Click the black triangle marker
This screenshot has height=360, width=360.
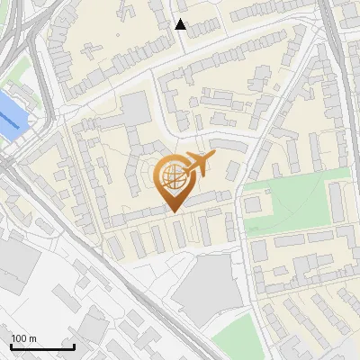[x=181, y=24]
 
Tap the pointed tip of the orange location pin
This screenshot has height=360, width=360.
[x=173, y=211]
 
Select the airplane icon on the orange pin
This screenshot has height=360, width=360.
[x=199, y=164]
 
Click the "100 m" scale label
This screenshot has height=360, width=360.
[x=23, y=338]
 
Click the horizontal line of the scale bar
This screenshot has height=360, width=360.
[x=42, y=346]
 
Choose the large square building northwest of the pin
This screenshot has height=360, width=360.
[x=137, y=110]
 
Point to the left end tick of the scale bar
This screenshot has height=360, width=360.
[x=11, y=346]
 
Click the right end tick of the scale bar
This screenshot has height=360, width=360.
[x=74, y=346]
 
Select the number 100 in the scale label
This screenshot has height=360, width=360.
[x=19, y=338]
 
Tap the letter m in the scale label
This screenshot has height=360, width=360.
[x=32, y=338]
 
